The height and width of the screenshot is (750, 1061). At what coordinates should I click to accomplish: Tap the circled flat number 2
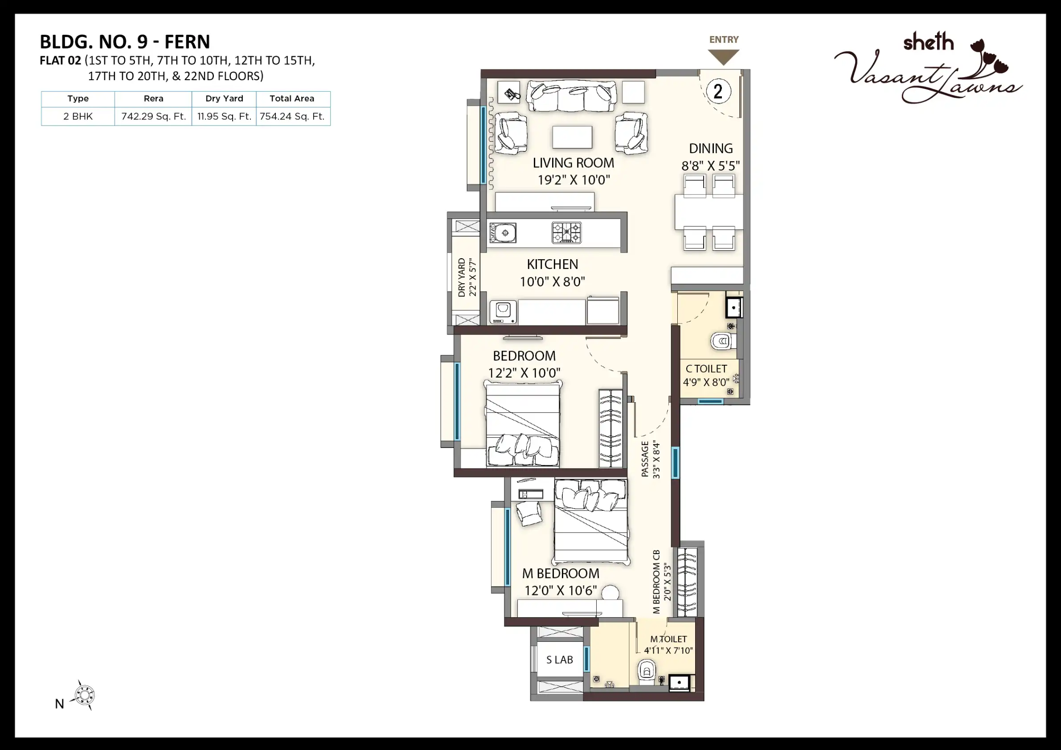pyautogui.click(x=718, y=91)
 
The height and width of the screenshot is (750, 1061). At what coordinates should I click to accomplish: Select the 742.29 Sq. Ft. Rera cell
pyautogui.click(x=153, y=116)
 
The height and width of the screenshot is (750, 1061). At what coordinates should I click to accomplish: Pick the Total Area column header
pyautogui.click(x=292, y=98)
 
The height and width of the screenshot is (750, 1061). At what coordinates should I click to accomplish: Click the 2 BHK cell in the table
pyautogui.click(x=78, y=116)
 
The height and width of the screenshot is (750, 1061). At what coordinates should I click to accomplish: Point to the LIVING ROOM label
pyautogui.click(x=574, y=163)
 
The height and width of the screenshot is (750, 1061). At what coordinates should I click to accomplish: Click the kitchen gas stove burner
pyautogui.click(x=566, y=233)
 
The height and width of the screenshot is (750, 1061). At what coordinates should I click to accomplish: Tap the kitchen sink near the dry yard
pyautogui.click(x=503, y=233)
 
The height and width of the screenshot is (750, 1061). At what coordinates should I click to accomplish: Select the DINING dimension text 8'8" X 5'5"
pyautogui.click(x=711, y=165)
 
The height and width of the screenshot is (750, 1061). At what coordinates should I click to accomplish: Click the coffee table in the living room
pyautogui.click(x=572, y=137)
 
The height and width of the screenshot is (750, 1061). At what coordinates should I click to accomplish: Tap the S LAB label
pyautogui.click(x=560, y=660)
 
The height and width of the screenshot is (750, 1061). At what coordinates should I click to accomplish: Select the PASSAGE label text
pyautogui.click(x=645, y=459)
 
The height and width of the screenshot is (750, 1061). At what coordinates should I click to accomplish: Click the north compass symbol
pyautogui.click(x=85, y=695)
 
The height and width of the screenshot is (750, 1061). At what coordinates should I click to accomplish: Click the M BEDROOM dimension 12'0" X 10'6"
pyautogui.click(x=561, y=590)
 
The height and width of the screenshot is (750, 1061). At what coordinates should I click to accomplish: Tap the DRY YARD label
pyautogui.click(x=462, y=277)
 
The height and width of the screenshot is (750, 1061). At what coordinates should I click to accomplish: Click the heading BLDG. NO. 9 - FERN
pyautogui.click(x=125, y=41)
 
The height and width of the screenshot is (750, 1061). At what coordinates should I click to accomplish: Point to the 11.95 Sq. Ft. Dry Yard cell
pyautogui.click(x=224, y=116)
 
